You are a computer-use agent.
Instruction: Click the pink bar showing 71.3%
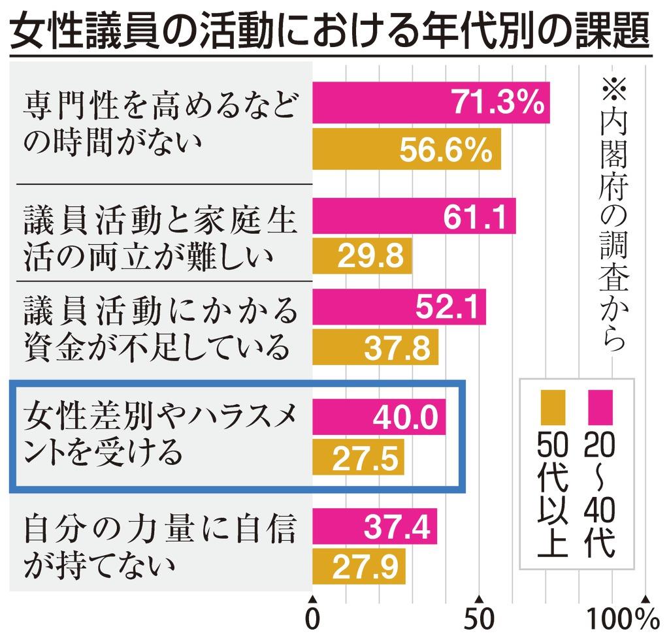tap(431, 103)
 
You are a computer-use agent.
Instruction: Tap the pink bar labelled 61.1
tap(414, 216)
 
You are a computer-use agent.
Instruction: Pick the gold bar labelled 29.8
tap(362, 257)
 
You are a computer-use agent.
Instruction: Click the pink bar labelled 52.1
tap(399, 306)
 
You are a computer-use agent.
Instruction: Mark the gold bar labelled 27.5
tap(358, 458)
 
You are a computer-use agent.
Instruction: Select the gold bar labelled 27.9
tap(359, 566)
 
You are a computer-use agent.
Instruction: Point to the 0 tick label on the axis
tap(313, 618)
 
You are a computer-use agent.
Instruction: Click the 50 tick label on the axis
tap(479, 618)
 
